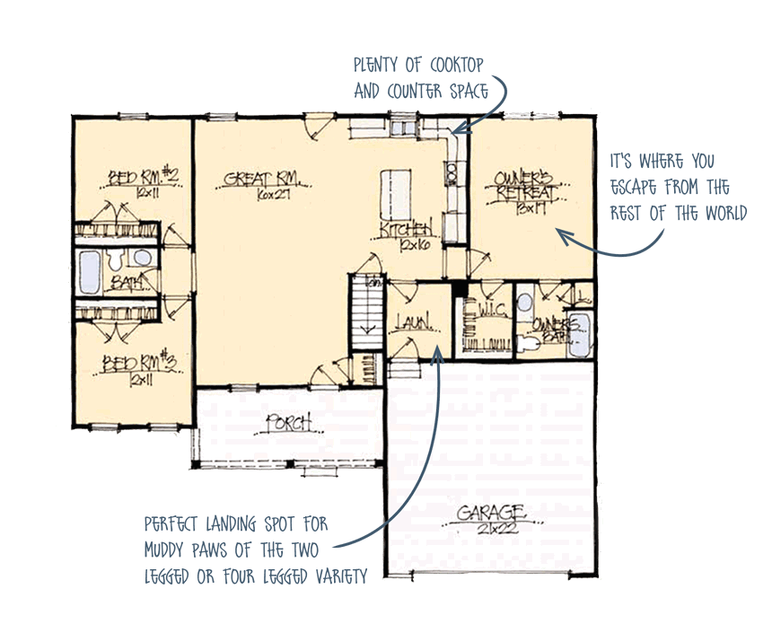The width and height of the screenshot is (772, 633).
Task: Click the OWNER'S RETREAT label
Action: [527, 187]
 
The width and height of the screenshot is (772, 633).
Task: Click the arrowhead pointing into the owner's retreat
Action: [562, 235]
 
